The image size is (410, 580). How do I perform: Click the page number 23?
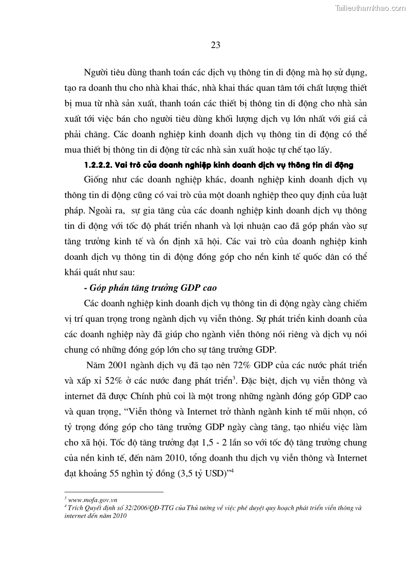216,45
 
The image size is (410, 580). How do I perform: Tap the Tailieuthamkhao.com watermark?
371,8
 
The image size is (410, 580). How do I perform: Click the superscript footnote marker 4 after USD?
234,469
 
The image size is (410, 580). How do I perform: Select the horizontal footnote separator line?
114,492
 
